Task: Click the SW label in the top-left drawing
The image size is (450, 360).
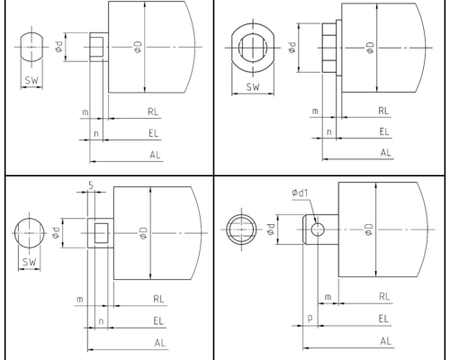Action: pyautogui.click(x=31, y=78)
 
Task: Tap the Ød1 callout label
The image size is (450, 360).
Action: pyautogui.click(x=301, y=192)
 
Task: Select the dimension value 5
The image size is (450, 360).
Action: pyautogui.click(x=93, y=186)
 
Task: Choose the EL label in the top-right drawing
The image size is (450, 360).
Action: pyautogui.click(x=385, y=131)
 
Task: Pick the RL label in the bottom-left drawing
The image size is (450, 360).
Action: pyautogui.click(x=158, y=298)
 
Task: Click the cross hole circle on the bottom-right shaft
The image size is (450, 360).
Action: pyautogui.click(x=318, y=229)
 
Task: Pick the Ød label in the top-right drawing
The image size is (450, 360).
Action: pyautogui.click(x=293, y=45)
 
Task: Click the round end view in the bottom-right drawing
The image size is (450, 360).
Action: pyautogui.click(x=241, y=229)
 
